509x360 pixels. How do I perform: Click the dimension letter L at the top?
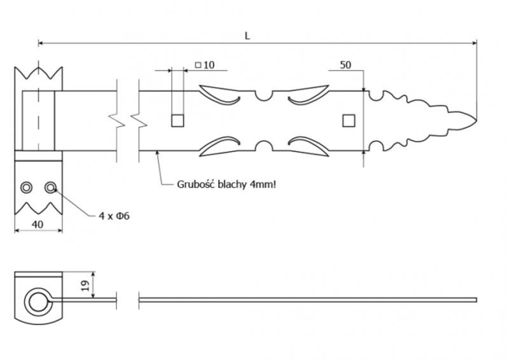248,36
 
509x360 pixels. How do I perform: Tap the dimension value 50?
345,65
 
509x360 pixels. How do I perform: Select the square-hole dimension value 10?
209,65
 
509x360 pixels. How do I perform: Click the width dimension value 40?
38,224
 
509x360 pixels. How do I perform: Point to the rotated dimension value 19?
85,286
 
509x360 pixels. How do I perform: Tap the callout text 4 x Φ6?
114,216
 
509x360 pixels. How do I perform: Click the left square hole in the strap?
178,120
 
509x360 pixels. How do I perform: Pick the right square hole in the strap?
349,120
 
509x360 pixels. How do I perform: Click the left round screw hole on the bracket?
26,187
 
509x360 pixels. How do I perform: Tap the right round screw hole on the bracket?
50,187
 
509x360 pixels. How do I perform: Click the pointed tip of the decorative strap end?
477,120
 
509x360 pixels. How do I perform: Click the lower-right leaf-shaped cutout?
309,146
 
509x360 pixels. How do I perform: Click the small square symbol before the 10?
199,66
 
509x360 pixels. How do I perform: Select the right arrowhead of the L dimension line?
474,43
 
